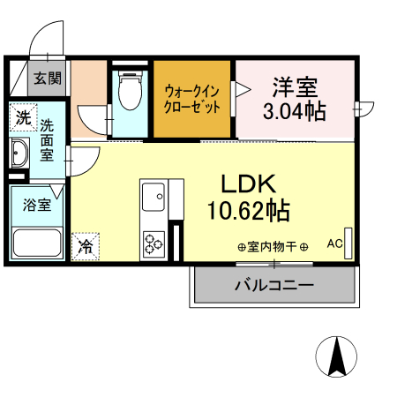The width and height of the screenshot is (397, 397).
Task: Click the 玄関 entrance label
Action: point(49,78)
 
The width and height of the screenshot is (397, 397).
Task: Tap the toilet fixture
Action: point(131,91)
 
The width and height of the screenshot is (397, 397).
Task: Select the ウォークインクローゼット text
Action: point(193,98)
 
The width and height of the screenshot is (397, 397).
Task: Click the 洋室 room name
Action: point(295,87)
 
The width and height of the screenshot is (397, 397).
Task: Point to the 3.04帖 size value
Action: point(295,111)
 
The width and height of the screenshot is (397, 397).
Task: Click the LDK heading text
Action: point(249,184)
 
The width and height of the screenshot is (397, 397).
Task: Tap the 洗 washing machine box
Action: point(23,116)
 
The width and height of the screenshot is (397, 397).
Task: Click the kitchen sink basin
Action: point(153,194)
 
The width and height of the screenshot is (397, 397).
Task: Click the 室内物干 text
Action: point(272,246)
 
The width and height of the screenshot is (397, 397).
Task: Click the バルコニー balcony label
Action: point(273,286)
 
